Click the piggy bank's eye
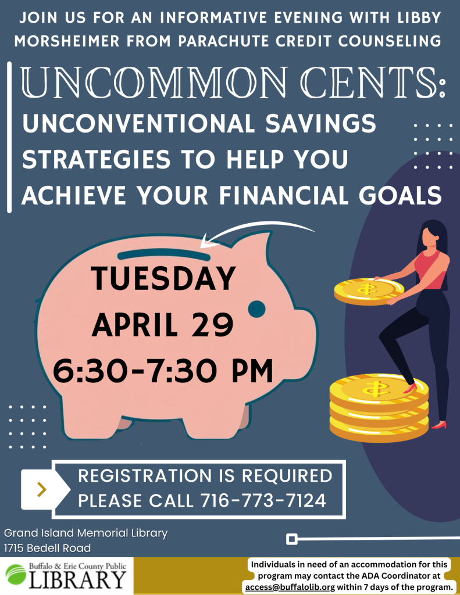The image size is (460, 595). [257, 309]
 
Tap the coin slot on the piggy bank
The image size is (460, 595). [164, 255]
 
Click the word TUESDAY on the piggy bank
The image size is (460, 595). [163, 278]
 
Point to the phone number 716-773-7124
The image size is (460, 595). [263, 500]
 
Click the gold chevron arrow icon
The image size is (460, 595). [42, 489]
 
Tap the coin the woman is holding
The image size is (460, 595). [369, 292]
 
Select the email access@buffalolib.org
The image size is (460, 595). [290, 587]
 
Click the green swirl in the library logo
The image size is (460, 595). [16, 575]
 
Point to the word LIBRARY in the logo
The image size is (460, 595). [77, 579]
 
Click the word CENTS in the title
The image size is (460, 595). [372, 83]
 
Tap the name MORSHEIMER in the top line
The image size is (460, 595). [67, 41]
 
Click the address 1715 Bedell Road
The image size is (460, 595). [48, 548]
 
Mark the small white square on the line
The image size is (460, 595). [292, 539]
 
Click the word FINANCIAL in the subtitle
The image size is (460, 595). [286, 195]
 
